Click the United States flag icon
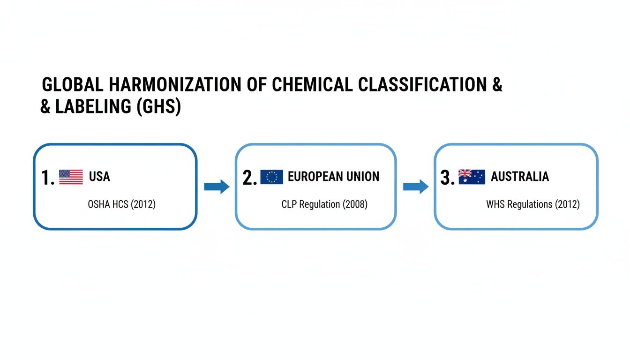coord(71,177)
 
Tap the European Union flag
coord(271,177)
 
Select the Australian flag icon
coord(472,177)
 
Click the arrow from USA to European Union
coord(217,187)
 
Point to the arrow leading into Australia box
coord(416,187)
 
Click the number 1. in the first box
coord(47,178)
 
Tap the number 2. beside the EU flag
coord(249,178)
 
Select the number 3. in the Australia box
coord(448,178)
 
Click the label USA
coord(99,177)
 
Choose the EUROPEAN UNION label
coord(333,177)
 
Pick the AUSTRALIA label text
coord(519,177)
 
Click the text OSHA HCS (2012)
coord(121,204)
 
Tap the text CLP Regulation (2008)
coord(324,204)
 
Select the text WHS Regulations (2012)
coord(532,204)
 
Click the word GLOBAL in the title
coord(73,85)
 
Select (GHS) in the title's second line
coord(158,107)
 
